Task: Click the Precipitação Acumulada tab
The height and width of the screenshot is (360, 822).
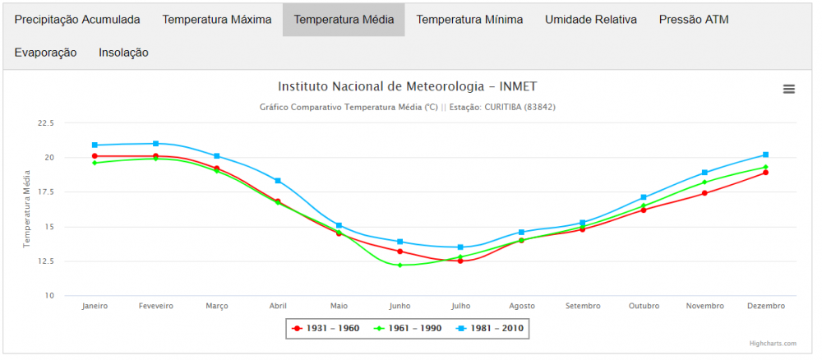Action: [x=77, y=19]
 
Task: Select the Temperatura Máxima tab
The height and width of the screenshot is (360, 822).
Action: [x=216, y=19]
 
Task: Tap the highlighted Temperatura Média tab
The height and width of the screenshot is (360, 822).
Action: [x=344, y=19]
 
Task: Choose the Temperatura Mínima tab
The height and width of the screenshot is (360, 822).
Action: [x=469, y=19]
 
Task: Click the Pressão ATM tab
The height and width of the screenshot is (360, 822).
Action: [x=694, y=19]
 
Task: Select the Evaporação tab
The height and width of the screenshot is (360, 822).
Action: [x=45, y=53]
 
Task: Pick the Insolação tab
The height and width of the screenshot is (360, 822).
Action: [x=123, y=53]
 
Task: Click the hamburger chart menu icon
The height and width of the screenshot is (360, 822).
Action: [x=789, y=89]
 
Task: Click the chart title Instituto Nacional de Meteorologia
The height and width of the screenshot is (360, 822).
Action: [x=408, y=86]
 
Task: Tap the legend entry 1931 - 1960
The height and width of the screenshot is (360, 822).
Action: [x=326, y=328]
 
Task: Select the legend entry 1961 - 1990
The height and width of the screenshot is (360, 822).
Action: [x=408, y=328]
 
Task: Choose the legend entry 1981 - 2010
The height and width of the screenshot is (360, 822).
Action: [x=490, y=328]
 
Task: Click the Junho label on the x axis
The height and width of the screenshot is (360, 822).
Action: [x=399, y=306]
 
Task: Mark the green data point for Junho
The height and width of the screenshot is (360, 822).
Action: [x=399, y=265]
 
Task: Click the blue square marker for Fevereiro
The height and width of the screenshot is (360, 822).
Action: [x=155, y=144]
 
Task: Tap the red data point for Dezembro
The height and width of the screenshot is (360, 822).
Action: [x=765, y=173]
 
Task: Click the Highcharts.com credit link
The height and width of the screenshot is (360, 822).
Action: [x=772, y=344]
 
